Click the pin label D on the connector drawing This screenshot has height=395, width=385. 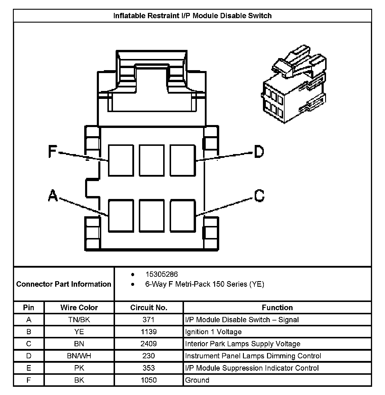coord(259,152)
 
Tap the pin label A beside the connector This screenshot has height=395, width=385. coord(53,195)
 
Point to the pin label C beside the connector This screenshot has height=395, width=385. coord(259,195)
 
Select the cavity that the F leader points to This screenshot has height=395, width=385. coord(121,160)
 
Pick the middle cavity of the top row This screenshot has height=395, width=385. coord(152,160)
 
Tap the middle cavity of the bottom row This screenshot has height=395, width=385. coord(152,216)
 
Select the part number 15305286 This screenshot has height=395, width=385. coord(162,274)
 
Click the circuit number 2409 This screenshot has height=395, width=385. coord(148,344)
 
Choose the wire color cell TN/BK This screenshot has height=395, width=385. coord(79,320)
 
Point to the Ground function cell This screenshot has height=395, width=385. coord(197,380)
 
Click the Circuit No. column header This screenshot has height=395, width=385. coord(148,308)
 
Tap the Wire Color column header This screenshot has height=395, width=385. coord(79,308)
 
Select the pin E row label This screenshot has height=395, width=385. coord(29,368)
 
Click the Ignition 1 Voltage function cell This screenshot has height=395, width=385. coord(213,332)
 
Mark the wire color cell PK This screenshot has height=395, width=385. coord(79,368)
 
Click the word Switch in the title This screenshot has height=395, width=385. coord(260,16)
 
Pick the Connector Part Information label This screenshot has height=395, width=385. coord(64,284)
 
